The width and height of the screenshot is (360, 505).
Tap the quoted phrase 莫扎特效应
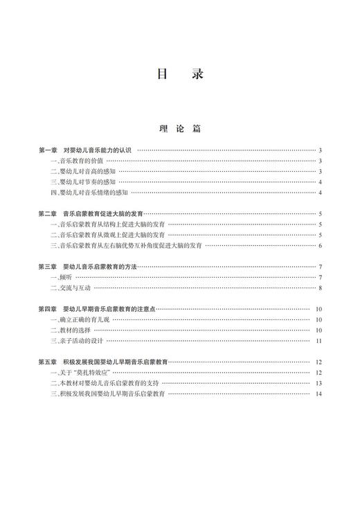click(96, 373)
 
